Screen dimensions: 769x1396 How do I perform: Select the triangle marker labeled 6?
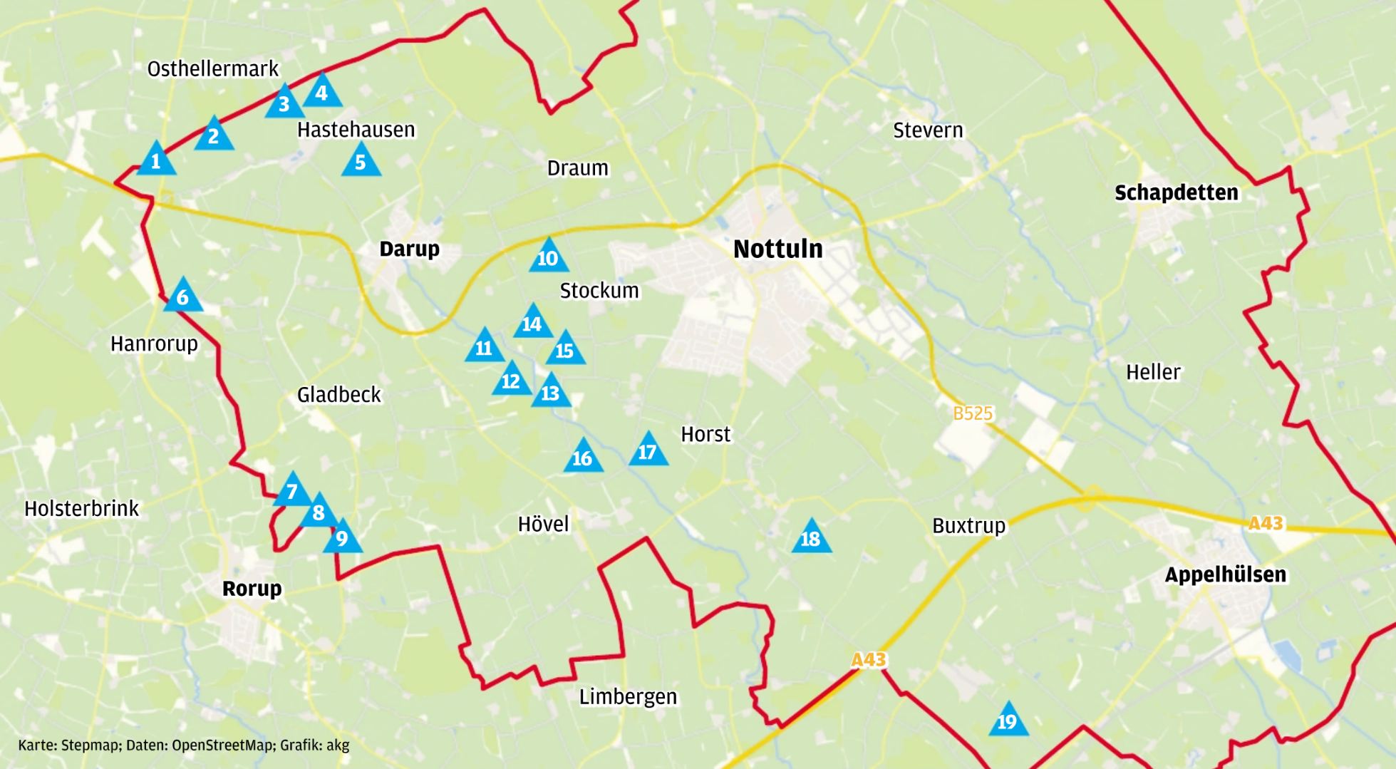pos(183,296)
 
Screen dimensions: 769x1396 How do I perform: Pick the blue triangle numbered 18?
pos(811,538)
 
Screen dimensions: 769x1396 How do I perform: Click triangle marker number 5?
pos(361,162)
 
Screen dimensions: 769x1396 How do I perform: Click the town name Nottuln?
pos(777,249)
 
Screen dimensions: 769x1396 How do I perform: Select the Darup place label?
pos(409,249)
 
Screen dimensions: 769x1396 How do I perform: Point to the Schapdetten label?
pos(1176,192)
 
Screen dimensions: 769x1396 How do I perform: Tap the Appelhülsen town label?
pos(1225,574)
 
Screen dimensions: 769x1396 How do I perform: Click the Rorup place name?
pos(252,589)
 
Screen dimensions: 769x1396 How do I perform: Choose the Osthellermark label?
pos(212,68)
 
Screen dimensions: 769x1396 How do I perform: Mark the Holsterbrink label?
pos(81,508)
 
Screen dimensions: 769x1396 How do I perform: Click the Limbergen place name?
pos(627,696)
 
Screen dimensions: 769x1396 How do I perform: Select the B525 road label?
pos(972,413)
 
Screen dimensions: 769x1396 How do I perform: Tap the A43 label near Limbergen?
pos(868,660)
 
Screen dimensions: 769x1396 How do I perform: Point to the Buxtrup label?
pos(968,526)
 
